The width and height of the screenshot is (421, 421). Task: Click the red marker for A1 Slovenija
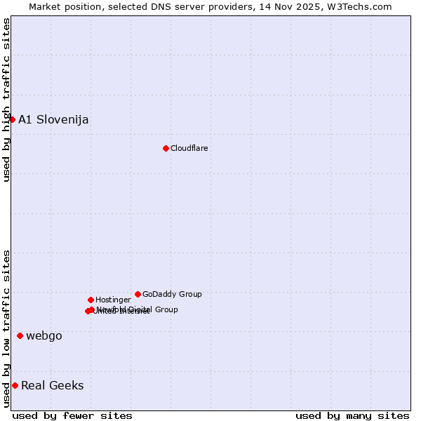pos(12,119)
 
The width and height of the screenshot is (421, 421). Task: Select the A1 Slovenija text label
pos(53,119)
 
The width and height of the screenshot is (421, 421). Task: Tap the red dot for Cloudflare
pos(166,148)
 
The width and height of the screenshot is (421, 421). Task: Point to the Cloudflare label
pos(189,148)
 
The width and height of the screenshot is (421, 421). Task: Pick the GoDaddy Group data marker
pos(138,294)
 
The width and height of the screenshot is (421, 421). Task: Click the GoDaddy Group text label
pos(172,294)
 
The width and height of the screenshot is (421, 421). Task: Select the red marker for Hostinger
pos(91,300)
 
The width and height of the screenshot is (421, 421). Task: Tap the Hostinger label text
pos(113,300)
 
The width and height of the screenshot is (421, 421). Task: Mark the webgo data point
pos(20,335)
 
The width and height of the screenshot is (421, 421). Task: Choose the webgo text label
pos(44,335)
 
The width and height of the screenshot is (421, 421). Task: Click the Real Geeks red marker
pos(15,385)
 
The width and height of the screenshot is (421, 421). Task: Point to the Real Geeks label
pos(53,385)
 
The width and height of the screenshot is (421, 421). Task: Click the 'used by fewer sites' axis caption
pos(72,415)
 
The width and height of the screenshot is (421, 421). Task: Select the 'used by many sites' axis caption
pos(352,415)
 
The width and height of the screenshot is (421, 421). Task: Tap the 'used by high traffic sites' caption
pos(6,100)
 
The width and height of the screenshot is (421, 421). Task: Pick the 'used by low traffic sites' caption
pos(6,328)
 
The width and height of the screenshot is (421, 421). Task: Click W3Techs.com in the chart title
pos(359,6)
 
